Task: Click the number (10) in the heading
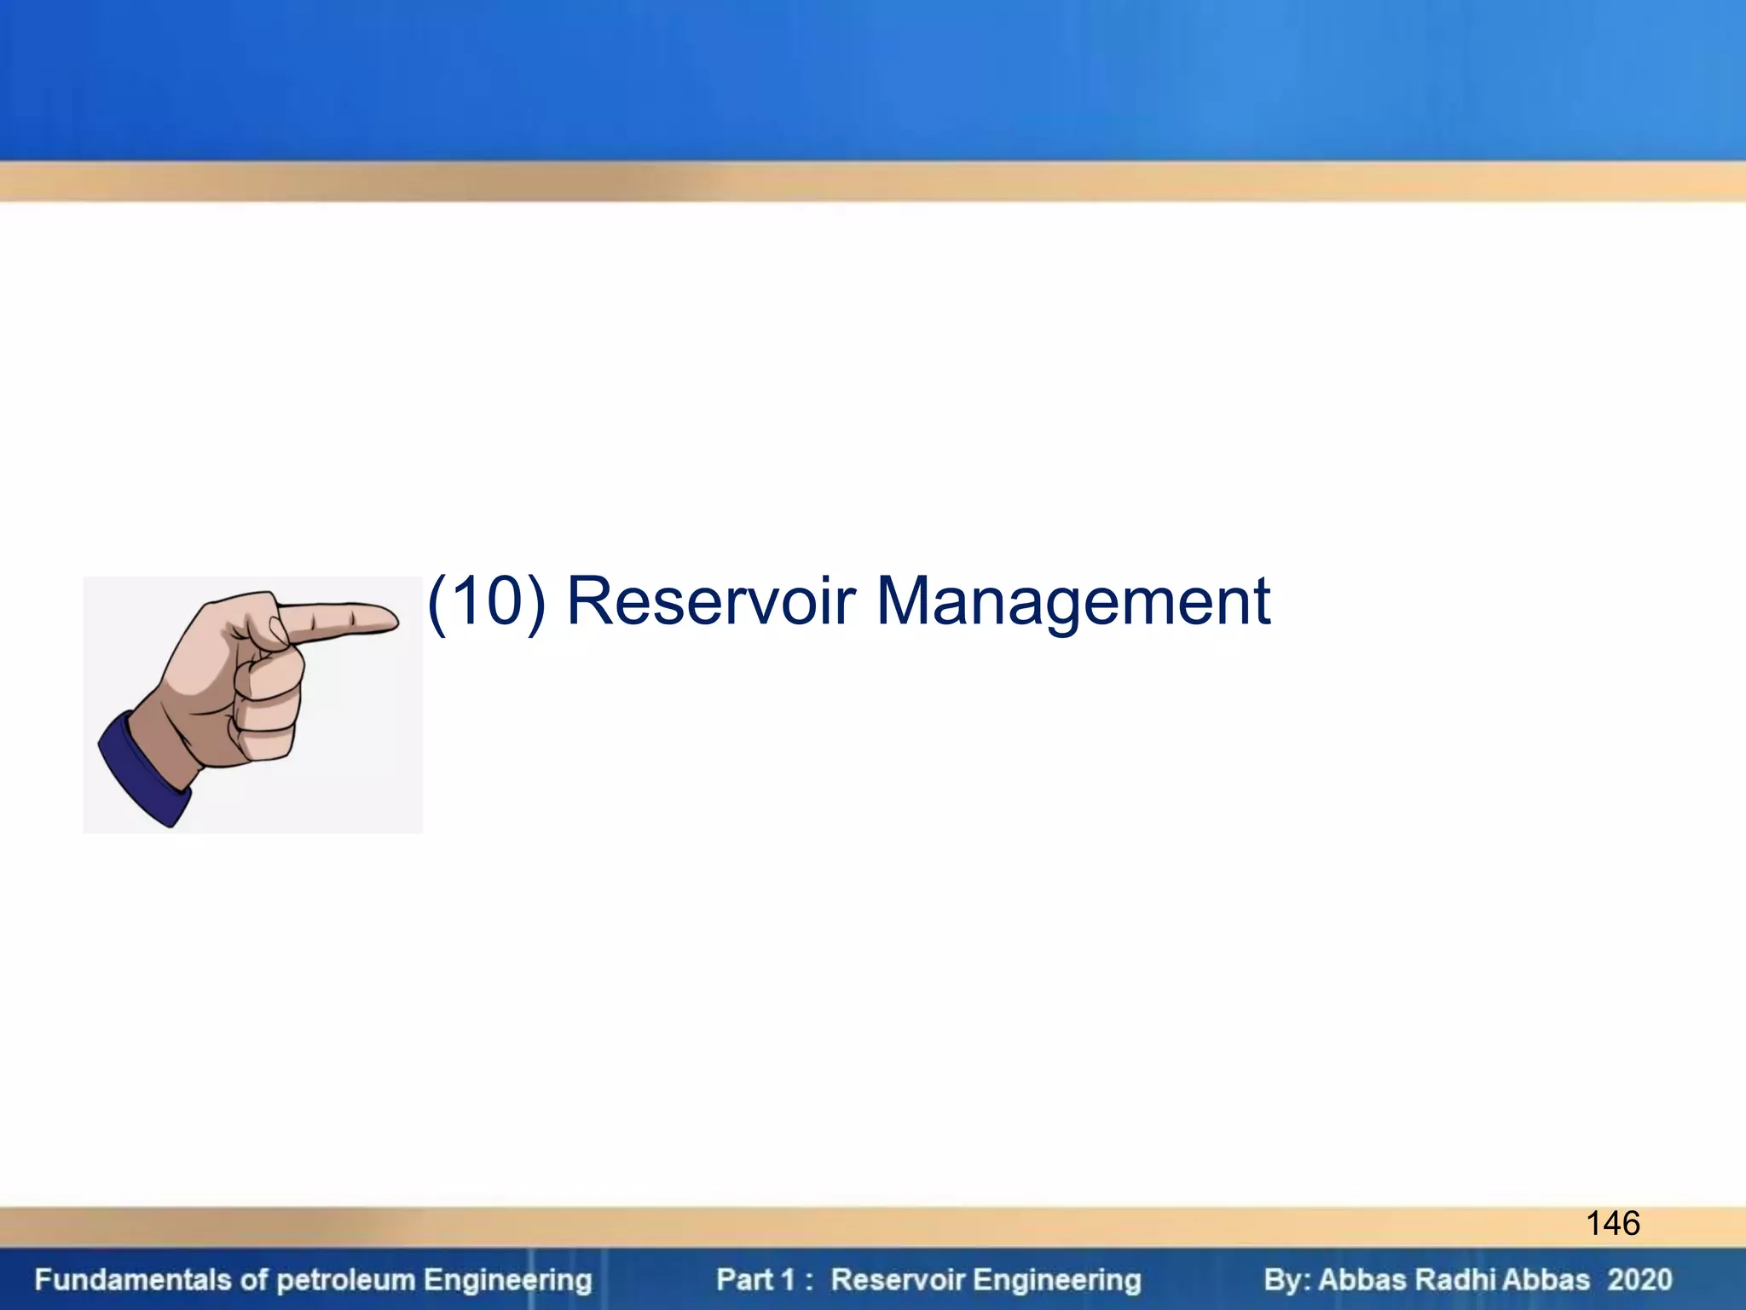[x=486, y=602]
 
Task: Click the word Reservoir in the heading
[x=710, y=602]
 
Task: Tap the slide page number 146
[x=1612, y=1224]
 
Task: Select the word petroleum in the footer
[x=346, y=1280]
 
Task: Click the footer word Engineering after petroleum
[x=507, y=1280]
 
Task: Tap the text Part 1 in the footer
[x=754, y=1280]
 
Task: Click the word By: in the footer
[x=1286, y=1280]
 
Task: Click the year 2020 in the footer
[x=1639, y=1280]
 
